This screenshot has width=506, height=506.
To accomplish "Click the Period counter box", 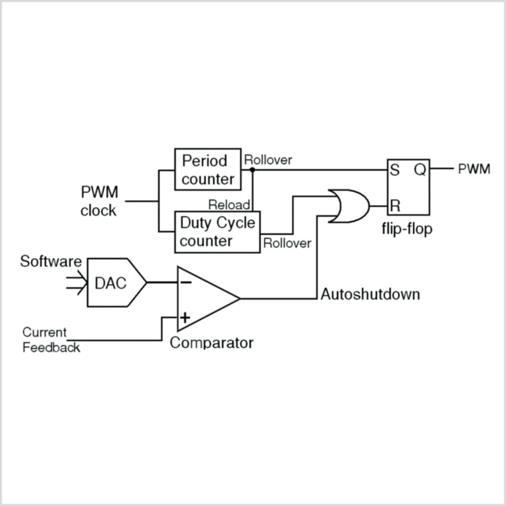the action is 208,169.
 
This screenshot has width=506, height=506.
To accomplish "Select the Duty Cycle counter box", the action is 217,232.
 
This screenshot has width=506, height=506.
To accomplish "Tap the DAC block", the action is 116,283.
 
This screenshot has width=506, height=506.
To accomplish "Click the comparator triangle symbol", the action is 208,298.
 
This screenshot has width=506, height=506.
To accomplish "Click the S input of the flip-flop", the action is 395,170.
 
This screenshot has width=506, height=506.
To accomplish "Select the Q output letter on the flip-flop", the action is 420,170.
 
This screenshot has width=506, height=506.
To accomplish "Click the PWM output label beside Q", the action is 474,169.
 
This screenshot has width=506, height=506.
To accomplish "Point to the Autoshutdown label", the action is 370,294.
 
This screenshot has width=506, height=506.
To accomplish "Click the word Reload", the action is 229,205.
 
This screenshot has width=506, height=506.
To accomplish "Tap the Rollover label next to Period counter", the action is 268,160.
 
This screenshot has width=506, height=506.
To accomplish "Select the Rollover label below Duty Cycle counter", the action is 287,243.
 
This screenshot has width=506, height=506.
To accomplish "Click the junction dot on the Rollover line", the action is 252,170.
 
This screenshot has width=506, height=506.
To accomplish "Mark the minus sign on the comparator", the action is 186,282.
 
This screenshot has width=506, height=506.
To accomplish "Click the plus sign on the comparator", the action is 185,318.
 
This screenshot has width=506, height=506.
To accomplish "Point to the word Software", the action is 51,262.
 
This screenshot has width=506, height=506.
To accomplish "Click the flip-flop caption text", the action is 407,229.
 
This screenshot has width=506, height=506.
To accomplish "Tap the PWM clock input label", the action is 99,201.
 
